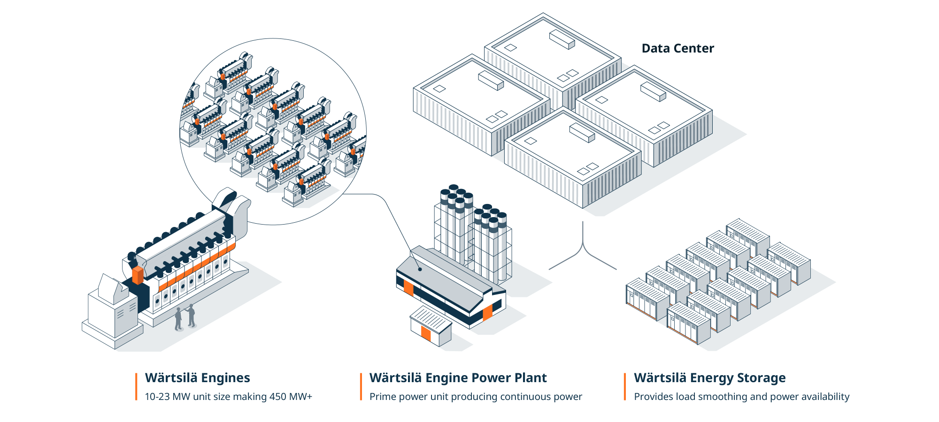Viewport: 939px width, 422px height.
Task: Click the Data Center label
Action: [x=677, y=48]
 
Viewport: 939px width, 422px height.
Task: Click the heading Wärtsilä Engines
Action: [x=197, y=378]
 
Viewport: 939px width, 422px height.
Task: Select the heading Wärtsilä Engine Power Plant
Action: [x=458, y=378]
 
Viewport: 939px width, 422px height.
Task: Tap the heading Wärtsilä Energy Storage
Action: [x=709, y=378]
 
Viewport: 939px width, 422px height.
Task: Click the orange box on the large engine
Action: [x=138, y=275]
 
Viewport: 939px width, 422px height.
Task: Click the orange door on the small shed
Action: [x=426, y=333]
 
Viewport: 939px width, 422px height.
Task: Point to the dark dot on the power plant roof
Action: [x=420, y=269]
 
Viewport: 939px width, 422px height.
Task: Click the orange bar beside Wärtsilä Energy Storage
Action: [x=625, y=387]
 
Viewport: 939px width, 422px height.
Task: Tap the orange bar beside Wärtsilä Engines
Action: [x=136, y=387]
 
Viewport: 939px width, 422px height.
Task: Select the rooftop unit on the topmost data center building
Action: [x=562, y=39]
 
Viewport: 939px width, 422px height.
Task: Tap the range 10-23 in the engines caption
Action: [x=157, y=397]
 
